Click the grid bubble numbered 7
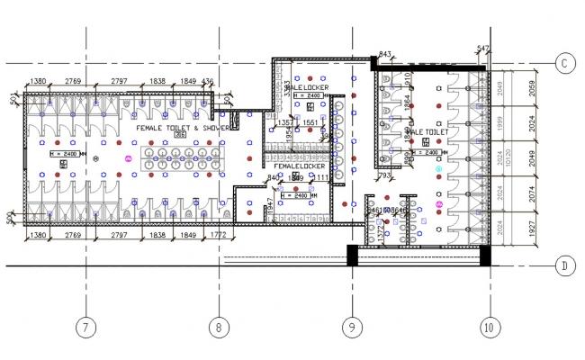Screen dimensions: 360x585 pyautogui.click(x=85, y=328)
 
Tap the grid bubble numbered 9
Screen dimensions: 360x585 pyautogui.click(x=350, y=328)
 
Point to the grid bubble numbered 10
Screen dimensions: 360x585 pyautogui.click(x=487, y=328)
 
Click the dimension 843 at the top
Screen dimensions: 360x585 pyautogui.click(x=385, y=55)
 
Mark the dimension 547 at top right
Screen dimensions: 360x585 pyautogui.click(x=483, y=49)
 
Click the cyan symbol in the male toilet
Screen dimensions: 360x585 pyautogui.click(x=439, y=169)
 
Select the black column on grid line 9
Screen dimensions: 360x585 pyautogui.click(x=353, y=256)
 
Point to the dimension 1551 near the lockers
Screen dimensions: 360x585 pyautogui.click(x=310, y=121)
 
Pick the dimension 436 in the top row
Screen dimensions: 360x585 pyautogui.click(x=209, y=82)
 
